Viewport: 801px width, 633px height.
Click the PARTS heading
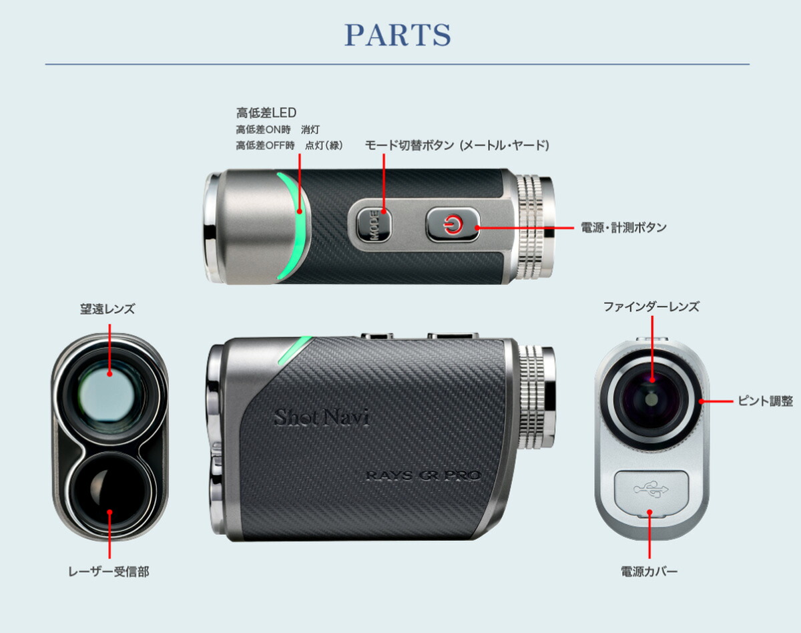398,35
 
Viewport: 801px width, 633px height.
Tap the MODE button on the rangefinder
374,224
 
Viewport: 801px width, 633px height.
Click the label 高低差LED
266,112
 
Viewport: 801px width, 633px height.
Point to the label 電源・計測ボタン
623,227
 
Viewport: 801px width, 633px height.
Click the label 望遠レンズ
107,308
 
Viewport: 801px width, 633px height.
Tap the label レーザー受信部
109,571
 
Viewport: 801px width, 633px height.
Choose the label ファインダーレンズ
651,306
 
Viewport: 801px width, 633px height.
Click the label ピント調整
765,401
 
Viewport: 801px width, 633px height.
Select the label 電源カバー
649,571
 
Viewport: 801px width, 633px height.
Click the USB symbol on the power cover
651,489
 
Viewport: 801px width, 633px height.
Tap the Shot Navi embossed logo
322,417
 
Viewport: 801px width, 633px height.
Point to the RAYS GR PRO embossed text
424,475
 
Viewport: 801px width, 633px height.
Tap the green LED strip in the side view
294,350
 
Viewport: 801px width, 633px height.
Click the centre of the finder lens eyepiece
651,399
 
